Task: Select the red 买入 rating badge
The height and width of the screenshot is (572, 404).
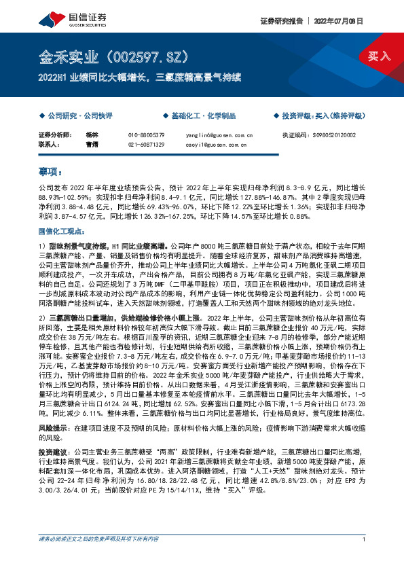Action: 379,56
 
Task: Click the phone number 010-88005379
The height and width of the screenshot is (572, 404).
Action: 146,135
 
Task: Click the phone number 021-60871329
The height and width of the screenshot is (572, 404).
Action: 146,145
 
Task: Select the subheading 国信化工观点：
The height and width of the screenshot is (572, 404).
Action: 60,232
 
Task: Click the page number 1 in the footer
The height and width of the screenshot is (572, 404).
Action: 365,558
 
